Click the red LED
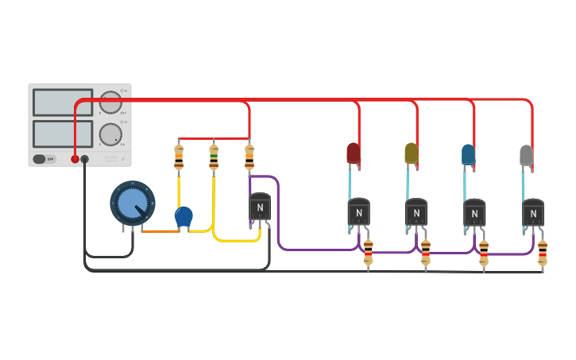click(x=354, y=153)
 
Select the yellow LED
click(x=411, y=153)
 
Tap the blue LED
click(x=468, y=154)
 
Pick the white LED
click(x=526, y=155)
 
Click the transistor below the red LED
click(x=358, y=212)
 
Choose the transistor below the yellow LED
click(x=416, y=212)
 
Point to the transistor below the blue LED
click(x=474, y=212)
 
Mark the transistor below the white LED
click(x=533, y=212)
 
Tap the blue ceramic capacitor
click(x=184, y=215)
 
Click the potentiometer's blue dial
click(x=132, y=203)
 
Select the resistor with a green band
click(x=214, y=157)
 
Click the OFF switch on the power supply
click(x=44, y=159)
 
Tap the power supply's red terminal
click(x=75, y=159)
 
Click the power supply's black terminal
click(x=85, y=159)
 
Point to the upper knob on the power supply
click(x=110, y=103)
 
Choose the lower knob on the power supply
click(x=110, y=134)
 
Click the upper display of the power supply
click(x=63, y=103)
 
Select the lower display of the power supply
click(x=63, y=134)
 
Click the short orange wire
click(x=160, y=231)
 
